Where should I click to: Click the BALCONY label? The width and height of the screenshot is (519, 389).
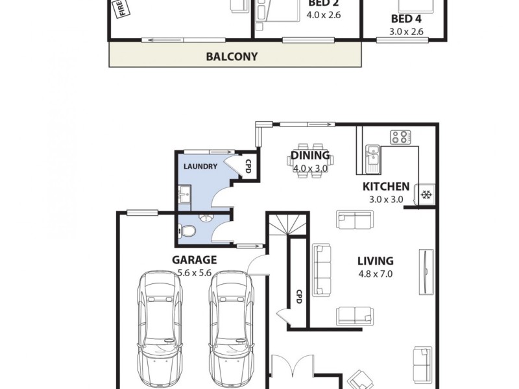click(232, 56)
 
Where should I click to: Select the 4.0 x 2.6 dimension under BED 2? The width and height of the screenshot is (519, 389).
click(324, 14)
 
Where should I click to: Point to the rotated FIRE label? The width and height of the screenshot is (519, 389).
click(121, 10)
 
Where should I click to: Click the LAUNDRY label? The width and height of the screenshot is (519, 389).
click(200, 167)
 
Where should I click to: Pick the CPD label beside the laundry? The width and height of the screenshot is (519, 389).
click(248, 167)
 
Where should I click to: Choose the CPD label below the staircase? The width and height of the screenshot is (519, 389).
click(299, 297)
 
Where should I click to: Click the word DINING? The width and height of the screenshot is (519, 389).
click(309, 156)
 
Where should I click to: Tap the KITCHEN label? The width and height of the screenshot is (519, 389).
click(385, 187)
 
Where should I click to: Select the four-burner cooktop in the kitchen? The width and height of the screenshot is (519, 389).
click(400, 137)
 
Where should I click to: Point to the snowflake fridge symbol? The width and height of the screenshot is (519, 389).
click(428, 194)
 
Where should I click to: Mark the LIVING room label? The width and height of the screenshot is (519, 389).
click(375, 261)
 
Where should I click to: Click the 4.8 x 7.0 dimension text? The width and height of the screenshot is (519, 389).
click(375, 274)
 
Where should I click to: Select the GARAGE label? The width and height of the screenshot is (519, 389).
click(194, 260)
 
